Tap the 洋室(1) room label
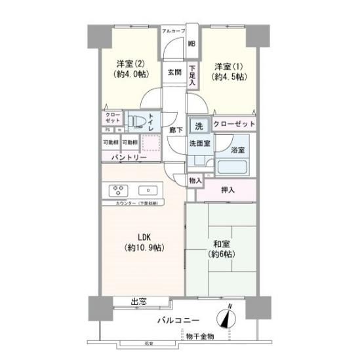(226, 67)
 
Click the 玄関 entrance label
(174, 72)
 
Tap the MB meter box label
(192, 45)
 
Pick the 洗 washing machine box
(197, 125)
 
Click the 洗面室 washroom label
(199, 143)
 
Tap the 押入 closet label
(227, 190)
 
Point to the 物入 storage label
(195, 180)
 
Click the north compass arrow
(228, 317)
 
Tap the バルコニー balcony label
(179, 321)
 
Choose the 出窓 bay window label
(138, 302)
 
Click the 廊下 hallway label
(176, 130)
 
